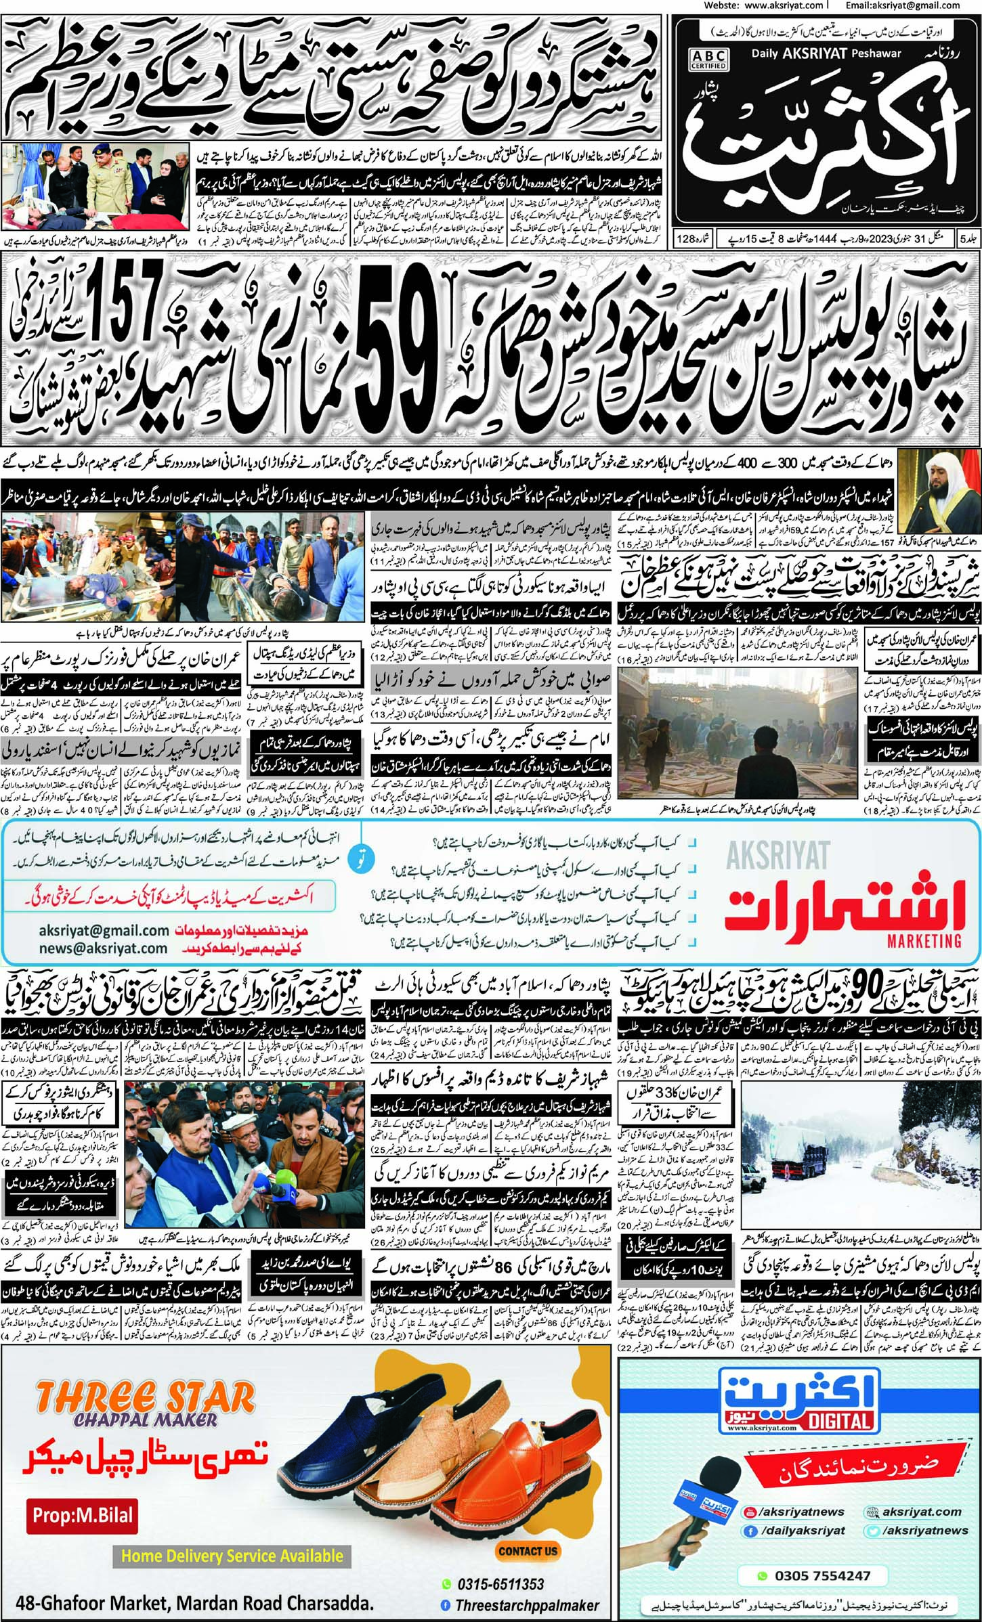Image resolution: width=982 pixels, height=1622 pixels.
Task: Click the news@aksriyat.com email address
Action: pyautogui.click(x=102, y=948)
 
